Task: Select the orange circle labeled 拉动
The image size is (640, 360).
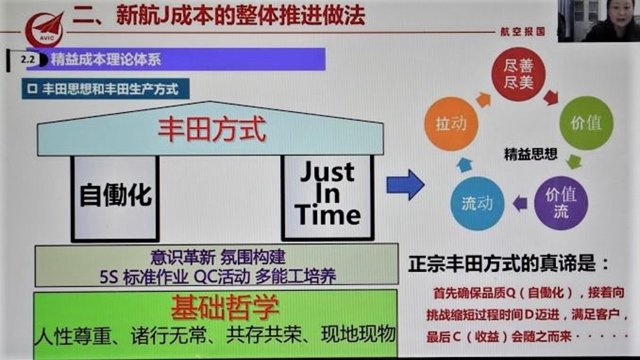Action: pos(451,123)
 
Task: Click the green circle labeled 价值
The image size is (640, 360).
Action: pos(586,123)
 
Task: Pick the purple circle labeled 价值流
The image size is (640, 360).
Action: pos(561,203)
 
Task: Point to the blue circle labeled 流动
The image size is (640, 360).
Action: pos(477,203)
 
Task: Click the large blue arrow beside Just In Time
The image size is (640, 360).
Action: pos(405,185)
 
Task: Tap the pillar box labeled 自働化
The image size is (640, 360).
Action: pos(115,198)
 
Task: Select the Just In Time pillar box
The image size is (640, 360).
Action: pos(327,197)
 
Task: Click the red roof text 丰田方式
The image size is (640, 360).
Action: pos(212,130)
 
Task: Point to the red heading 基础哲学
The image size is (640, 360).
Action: pos(224,307)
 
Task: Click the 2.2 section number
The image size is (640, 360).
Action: pos(28,59)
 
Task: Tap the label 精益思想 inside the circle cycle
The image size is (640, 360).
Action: pos(530,154)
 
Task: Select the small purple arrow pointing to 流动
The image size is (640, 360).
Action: pos(520,203)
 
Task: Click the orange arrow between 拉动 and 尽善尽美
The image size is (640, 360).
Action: pos(483,99)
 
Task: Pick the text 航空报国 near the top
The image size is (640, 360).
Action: pos(522,31)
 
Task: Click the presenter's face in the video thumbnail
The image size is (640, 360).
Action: pos(623,13)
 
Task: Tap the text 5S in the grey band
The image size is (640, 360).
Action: pos(109,277)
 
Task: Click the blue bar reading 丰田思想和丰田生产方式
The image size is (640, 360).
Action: pos(105,89)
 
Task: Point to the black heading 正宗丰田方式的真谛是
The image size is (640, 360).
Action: pos(508,263)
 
